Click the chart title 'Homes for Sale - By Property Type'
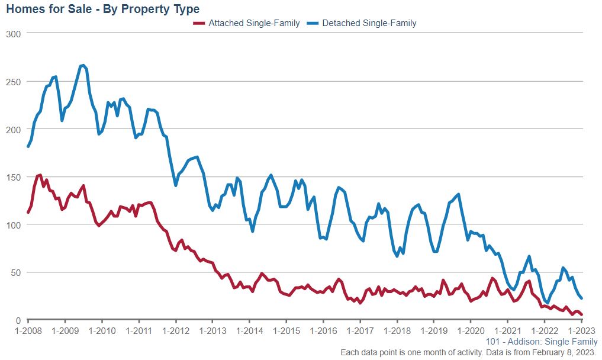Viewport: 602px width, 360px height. coord(102,9)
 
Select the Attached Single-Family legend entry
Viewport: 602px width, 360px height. coord(247,23)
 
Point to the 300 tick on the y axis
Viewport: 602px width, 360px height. coord(14,34)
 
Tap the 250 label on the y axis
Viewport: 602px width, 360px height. coord(14,82)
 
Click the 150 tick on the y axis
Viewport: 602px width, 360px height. coord(14,177)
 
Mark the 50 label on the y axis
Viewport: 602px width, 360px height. coord(16,272)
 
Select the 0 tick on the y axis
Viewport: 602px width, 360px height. coord(18,320)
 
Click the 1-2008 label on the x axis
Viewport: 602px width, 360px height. coord(28,330)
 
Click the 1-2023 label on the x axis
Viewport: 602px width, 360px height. coord(581,330)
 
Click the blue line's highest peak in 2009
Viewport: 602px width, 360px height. coord(83,65)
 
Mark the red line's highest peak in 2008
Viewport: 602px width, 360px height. coord(40,175)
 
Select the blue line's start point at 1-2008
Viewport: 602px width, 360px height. coord(28,146)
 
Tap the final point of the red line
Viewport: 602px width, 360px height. coord(582,315)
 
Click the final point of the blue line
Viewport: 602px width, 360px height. coord(582,298)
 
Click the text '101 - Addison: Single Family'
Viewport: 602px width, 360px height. coord(541,342)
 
